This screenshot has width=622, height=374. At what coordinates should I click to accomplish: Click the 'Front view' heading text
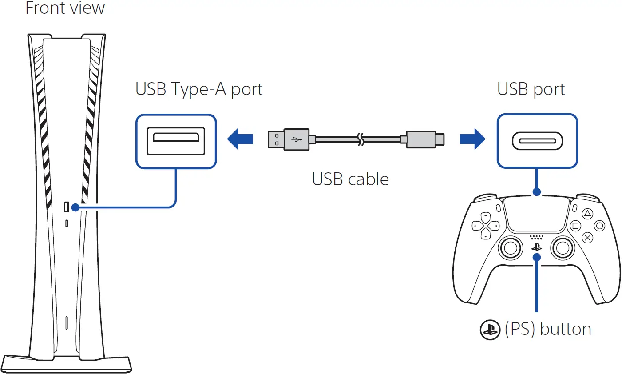(x=65, y=8)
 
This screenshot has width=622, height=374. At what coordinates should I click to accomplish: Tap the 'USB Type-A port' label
(x=198, y=89)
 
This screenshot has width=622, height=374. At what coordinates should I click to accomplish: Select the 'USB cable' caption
(x=350, y=179)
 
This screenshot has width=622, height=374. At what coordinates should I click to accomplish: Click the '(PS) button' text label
(x=548, y=329)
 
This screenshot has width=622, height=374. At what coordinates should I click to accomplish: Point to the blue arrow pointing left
(x=240, y=139)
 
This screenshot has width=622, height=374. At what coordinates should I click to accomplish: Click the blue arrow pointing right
(x=472, y=139)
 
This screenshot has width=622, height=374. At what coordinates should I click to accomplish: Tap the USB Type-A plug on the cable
(x=289, y=139)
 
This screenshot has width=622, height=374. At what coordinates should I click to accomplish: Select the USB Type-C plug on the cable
(x=424, y=139)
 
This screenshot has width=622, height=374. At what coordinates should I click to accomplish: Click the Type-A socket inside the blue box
(x=176, y=141)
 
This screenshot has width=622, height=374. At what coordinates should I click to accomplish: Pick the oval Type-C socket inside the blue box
(x=537, y=141)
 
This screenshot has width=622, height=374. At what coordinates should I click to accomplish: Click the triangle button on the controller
(x=587, y=214)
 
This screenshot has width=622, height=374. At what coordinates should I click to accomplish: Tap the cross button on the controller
(x=587, y=238)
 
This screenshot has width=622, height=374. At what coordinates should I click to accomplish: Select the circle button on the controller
(x=599, y=226)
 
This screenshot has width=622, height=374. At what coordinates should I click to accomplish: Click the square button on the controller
(x=575, y=226)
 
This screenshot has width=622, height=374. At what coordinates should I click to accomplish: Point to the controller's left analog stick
(x=511, y=247)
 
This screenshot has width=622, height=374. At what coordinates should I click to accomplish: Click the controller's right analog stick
(x=563, y=247)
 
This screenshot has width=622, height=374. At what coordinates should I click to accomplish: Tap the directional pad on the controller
(x=486, y=226)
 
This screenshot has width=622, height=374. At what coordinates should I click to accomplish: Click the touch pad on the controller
(x=537, y=214)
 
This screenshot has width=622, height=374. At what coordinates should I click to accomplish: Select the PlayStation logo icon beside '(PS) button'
(x=490, y=330)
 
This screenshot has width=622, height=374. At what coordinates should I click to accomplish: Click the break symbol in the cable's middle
(x=361, y=139)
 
